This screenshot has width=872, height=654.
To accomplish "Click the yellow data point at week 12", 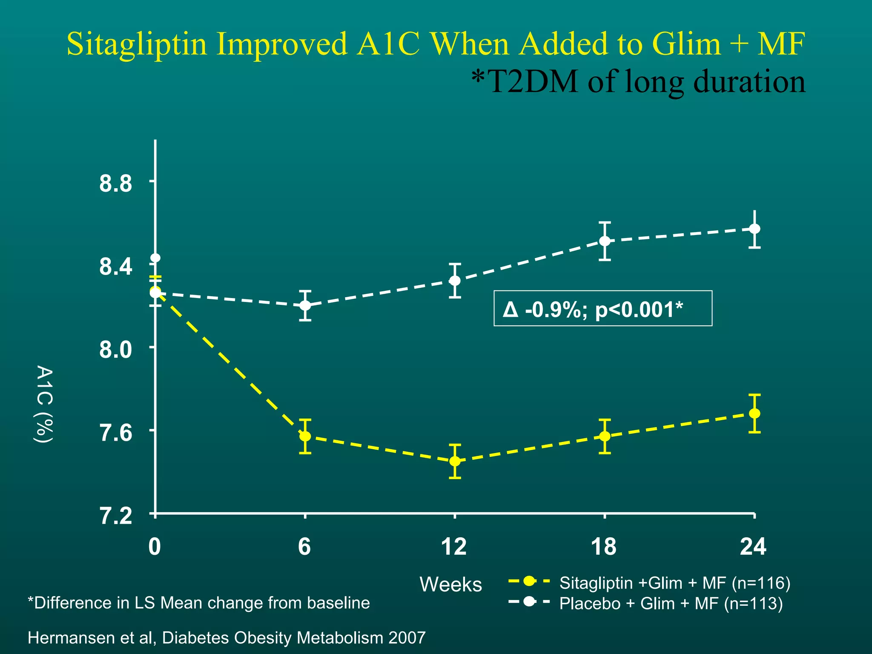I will point(455,461).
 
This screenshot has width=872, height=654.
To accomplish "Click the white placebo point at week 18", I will point(605,241).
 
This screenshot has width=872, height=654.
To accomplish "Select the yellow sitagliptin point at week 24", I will point(754,413).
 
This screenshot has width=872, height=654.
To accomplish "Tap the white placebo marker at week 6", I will point(305,305).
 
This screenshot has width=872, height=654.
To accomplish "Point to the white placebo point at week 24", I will point(754,229).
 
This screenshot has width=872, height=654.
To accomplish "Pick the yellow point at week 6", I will point(305,436).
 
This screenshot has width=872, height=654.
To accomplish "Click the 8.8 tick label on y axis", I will point(115,184).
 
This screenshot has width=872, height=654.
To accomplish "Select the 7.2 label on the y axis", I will point(115,516).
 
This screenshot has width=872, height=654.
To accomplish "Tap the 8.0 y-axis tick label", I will point(115,350).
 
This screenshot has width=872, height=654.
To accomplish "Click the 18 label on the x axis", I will point(604,547).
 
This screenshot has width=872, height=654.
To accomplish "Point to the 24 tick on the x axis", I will point(753,547).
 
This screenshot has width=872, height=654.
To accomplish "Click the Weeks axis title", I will point(450,584).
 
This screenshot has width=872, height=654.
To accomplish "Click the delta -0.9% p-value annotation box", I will point(602,308).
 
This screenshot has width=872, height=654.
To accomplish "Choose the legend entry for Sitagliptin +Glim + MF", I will point(674,582).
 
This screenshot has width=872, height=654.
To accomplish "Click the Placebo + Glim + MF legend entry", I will point(671,603).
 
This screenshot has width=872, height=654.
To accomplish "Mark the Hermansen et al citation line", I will point(227,638).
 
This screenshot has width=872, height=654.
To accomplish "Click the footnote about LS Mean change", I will point(199,603).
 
